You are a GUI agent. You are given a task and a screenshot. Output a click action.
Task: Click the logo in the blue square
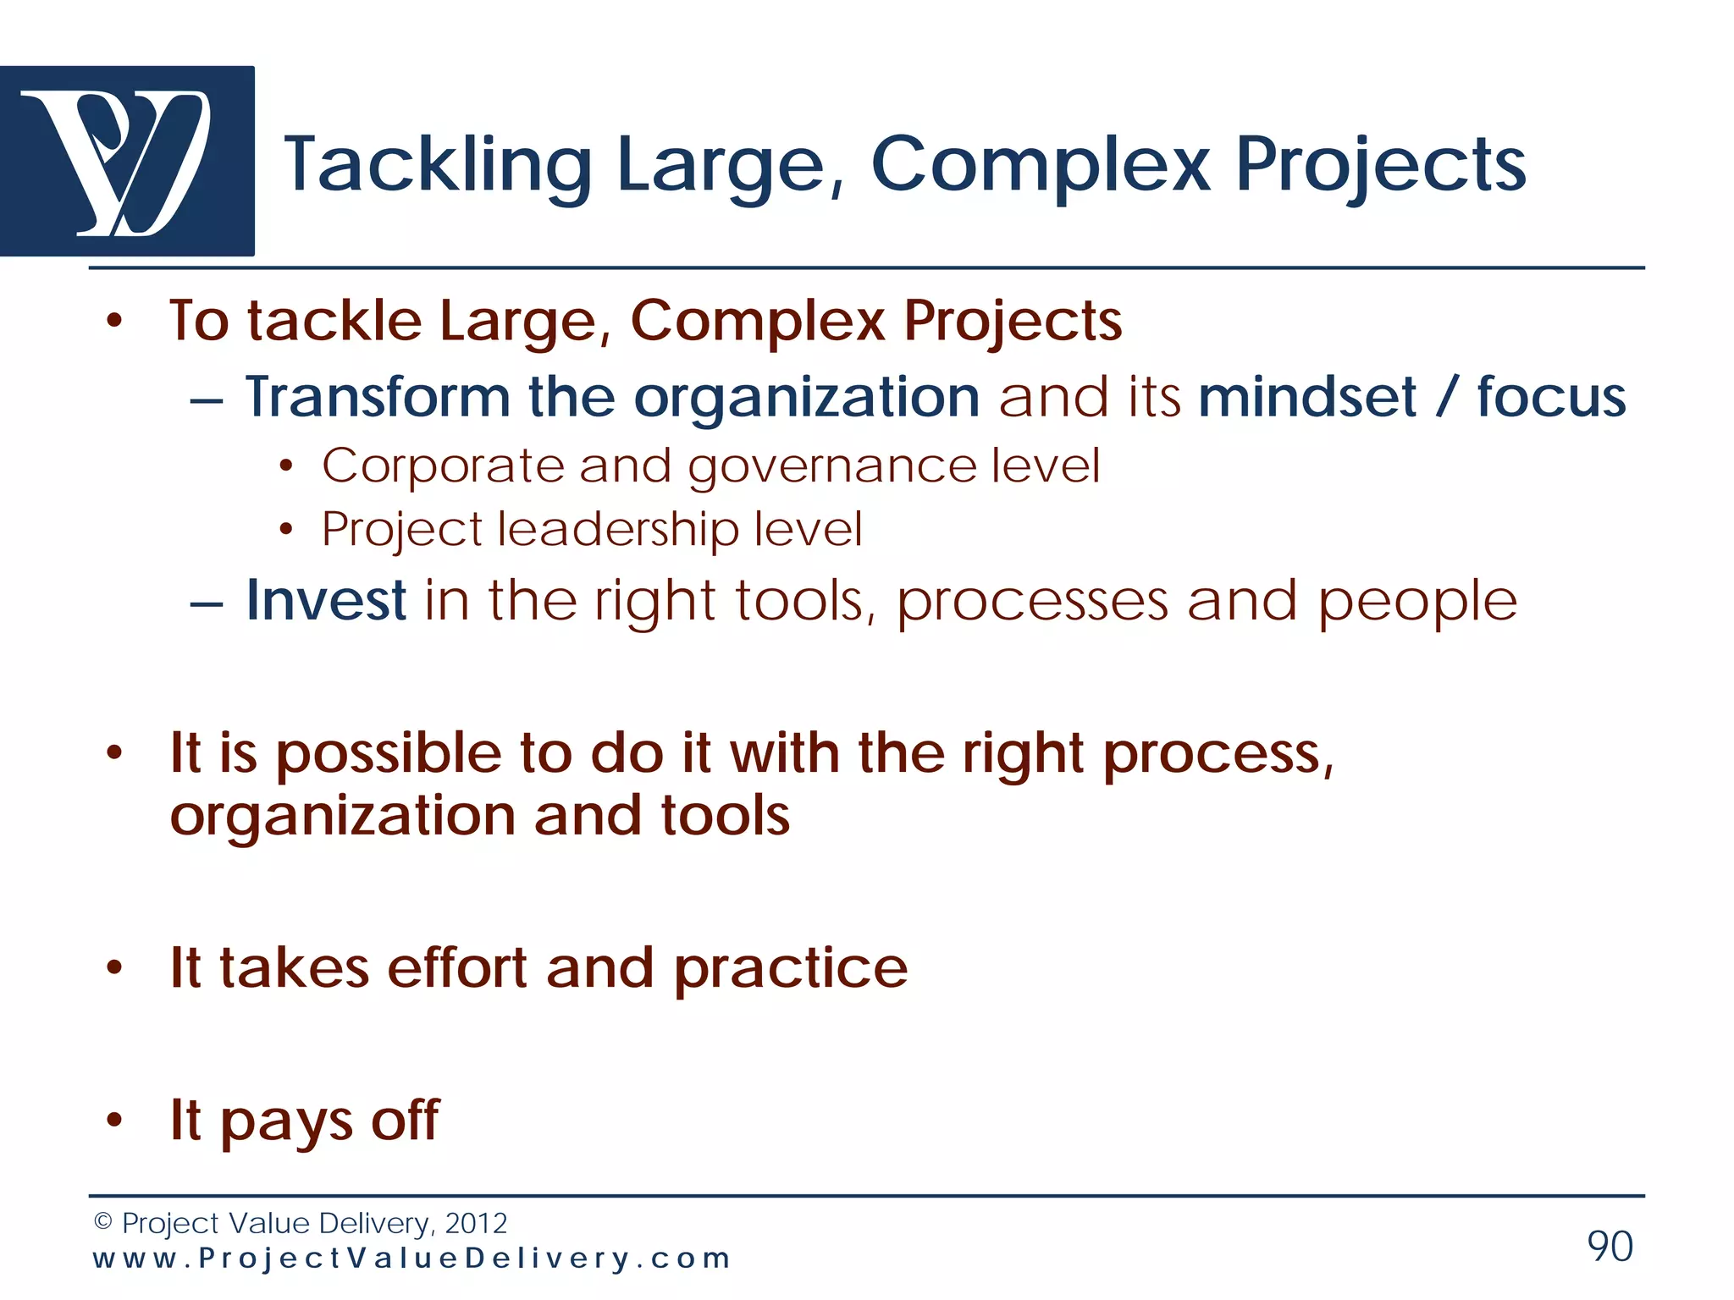(127, 161)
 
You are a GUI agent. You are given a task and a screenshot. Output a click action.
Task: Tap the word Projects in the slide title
(1380, 164)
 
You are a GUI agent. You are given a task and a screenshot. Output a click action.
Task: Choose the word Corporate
(442, 466)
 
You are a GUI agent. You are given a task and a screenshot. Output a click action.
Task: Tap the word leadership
(618, 530)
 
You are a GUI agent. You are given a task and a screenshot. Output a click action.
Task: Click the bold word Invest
(326, 600)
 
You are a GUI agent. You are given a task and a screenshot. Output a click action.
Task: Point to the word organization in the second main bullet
(342, 817)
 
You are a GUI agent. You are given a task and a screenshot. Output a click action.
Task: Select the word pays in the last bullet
(286, 1121)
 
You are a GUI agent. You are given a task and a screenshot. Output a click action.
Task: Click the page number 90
(1610, 1246)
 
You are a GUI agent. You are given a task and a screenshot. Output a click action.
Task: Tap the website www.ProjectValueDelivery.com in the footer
(411, 1259)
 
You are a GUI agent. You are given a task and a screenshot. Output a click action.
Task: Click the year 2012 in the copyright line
(476, 1223)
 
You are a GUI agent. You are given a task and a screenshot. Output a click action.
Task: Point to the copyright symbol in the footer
(103, 1221)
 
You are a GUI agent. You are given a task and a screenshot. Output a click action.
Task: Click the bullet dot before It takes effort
(115, 967)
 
